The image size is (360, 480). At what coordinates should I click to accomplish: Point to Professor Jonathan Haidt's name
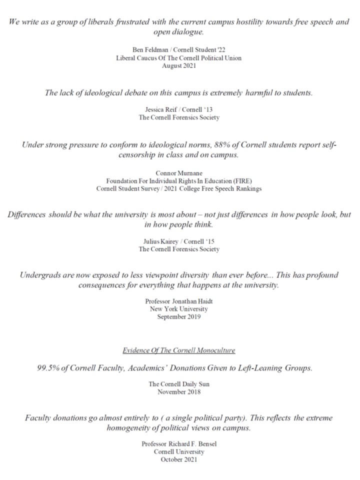pyautogui.click(x=179, y=301)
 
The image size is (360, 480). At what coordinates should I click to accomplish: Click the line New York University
pyautogui.click(x=179, y=309)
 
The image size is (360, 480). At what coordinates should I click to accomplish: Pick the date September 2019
pyautogui.click(x=179, y=316)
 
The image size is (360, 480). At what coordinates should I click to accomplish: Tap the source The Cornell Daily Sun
pyautogui.click(x=179, y=384)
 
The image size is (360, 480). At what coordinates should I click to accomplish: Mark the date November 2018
pyautogui.click(x=179, y=391)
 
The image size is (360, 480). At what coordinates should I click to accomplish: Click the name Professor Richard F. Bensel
pyautogui.click(x=179, y=444)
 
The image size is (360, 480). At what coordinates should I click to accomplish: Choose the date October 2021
pyautogui.click(x=179, y=459)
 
